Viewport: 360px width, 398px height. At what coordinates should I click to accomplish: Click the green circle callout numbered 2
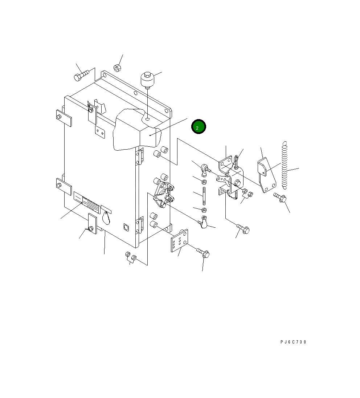point(199,127)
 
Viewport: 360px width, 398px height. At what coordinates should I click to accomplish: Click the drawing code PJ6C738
point(293,342)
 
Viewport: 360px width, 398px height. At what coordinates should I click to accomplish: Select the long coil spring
point(285,165)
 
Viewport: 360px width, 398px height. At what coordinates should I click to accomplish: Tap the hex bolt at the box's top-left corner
point(81,75)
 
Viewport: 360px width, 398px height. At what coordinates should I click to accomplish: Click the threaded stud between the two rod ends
point(204,195)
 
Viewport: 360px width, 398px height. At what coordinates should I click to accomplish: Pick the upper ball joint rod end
point(205,170)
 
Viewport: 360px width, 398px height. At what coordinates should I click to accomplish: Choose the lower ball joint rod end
point(204,222)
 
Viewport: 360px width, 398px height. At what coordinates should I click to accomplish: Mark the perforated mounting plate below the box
point(180,241)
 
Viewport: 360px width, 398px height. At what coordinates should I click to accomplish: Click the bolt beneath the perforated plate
point(203,253)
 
